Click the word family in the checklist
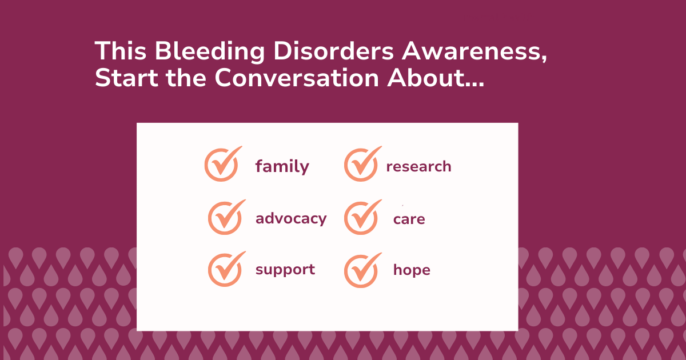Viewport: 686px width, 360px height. [282, 167]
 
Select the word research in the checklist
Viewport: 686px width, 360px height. [418, 167]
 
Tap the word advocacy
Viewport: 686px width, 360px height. [291, 218]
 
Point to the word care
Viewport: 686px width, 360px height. [409, 219]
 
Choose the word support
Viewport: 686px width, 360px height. [285, 269]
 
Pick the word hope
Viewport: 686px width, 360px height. [412, 270]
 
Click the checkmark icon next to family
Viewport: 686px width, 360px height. [221, 165]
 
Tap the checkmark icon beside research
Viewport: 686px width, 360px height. [361, 165]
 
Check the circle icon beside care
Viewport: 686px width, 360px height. [361, 218]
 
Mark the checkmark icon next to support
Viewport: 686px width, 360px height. [225, 269]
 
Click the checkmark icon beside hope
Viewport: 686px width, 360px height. [361, 270]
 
